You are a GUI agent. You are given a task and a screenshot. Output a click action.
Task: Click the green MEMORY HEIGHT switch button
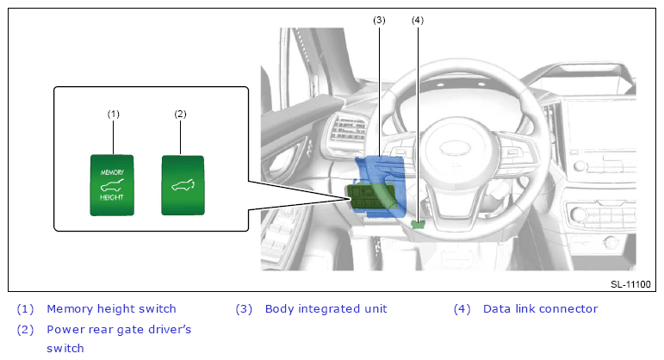[112, 185]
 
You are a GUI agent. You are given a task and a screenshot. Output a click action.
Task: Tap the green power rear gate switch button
[183, 185]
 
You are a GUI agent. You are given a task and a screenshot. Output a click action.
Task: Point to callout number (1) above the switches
[114, 114]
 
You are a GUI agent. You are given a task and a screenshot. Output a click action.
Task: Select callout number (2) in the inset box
[180, 114]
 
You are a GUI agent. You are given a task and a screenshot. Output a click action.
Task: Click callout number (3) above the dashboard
[379, 20]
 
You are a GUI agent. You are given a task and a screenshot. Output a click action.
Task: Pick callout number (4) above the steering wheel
[418, 20]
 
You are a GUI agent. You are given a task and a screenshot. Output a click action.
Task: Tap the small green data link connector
[418, 224]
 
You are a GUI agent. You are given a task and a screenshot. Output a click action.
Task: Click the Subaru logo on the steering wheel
[456, 148]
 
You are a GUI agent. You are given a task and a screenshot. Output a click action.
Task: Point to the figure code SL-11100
[630, 284]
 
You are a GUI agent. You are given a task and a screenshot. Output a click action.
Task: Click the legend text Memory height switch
[111, 308]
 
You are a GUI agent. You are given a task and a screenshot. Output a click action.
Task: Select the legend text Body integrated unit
[326, 308]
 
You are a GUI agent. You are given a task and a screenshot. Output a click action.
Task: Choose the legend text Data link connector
[540, 308]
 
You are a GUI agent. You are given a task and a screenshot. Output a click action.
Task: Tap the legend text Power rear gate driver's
[119, 330]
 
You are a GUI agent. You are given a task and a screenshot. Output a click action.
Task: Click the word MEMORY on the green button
[112, 172]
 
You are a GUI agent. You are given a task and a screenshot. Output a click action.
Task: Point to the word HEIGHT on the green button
[112, 197]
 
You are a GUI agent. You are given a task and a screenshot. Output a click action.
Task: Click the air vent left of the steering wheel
[348, 127]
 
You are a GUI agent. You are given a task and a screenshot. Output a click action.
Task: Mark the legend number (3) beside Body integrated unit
[244, 308]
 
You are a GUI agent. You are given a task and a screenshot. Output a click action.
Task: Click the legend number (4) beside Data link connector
[462, 308]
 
